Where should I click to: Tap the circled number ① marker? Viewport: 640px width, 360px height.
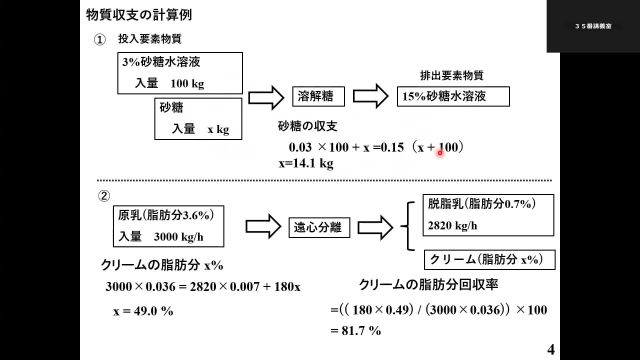[100, 41]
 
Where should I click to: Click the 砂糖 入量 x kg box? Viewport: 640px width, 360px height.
[197, 117]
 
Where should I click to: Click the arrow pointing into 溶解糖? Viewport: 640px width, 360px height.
[266, 97]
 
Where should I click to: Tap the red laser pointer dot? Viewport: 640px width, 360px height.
[439, 153]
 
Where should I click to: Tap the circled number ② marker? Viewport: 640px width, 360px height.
[101, 195]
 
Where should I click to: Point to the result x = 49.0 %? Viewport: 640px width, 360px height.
[143, 311]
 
